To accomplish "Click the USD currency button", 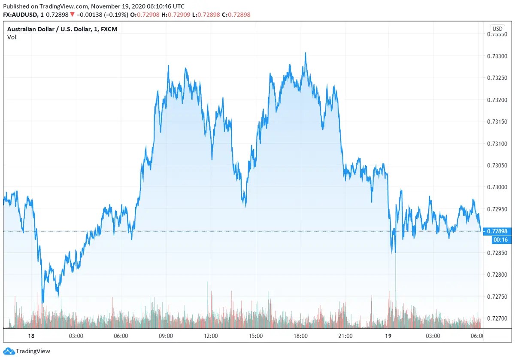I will tap(497, 29).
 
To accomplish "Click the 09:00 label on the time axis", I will tap(166, 336).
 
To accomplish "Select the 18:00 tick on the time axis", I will tap(300, 336).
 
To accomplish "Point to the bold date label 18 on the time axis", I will tap(31, 336).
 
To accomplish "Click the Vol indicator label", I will tap(12, 37).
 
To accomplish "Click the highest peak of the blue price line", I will tap(305, 53).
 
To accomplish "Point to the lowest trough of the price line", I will tap(42, 302).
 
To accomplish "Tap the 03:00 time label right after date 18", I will tap(76, 336).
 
